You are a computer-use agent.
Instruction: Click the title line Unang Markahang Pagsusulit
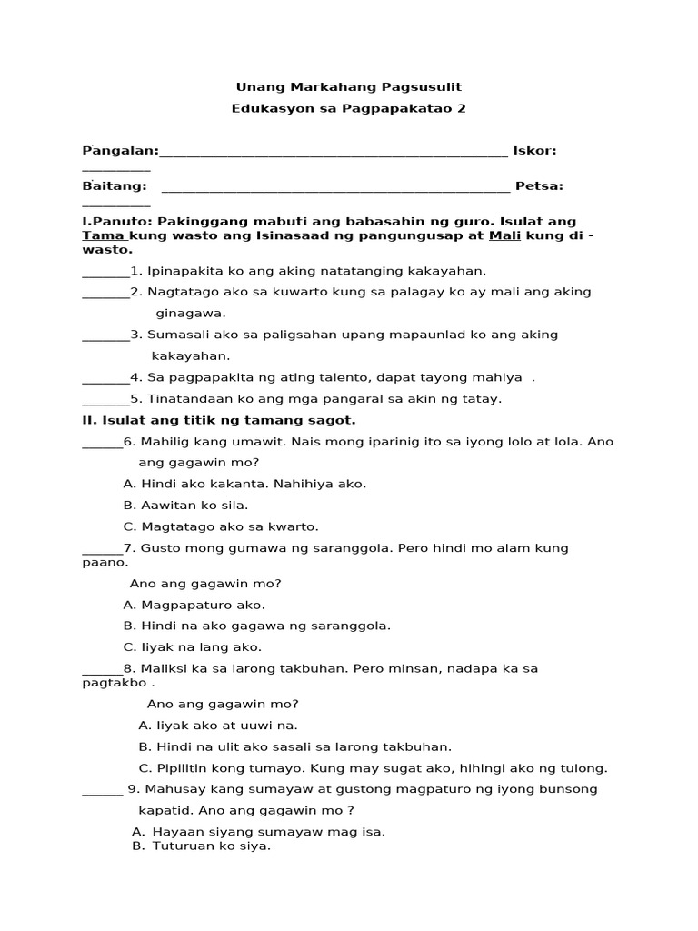tap(349, 87)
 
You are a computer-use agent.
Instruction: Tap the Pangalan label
tap(121, 150)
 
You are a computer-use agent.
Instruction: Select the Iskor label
tap(534, 150)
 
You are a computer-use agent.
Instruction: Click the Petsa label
tap(539, 186)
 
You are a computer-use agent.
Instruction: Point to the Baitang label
tap(115, 186)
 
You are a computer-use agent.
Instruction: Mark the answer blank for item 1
tap(105, 271)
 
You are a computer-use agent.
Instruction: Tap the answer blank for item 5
tap(105, 399)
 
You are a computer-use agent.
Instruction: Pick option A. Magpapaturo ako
tap(194, 605)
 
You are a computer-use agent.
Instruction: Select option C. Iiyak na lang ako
tap(192, 647)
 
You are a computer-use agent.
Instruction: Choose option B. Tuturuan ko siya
tap(202, 846)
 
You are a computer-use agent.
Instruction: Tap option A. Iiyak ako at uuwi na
tap(218, 726)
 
